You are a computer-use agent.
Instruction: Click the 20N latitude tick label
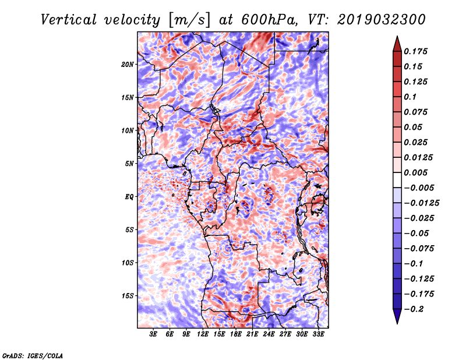tap(128, 64)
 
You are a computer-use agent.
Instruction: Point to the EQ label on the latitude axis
tap(130, 197)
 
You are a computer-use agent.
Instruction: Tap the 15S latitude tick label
tap(128, 296)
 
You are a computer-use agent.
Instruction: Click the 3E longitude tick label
tap(153, 335)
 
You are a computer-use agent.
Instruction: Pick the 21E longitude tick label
tap(252, 335)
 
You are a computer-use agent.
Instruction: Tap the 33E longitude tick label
tap(318, 335)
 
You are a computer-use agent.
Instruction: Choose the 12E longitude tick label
tap(203, 335)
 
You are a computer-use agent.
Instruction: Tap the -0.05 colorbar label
tap(418, 233)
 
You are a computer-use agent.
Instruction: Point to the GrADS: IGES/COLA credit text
tap(33, 355)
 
